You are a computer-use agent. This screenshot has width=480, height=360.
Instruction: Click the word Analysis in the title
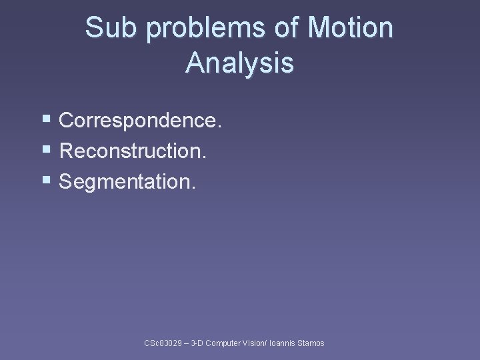pos(239,63)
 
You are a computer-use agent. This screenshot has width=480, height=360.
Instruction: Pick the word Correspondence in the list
pos(139,121)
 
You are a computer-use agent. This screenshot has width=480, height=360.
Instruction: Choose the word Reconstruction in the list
pos(133,151)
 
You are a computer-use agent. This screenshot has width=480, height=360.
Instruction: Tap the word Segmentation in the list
pos(127,182)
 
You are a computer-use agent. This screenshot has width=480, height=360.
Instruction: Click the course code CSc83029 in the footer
pos(165,343)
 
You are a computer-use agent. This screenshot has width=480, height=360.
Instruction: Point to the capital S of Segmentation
pos(66,182)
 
